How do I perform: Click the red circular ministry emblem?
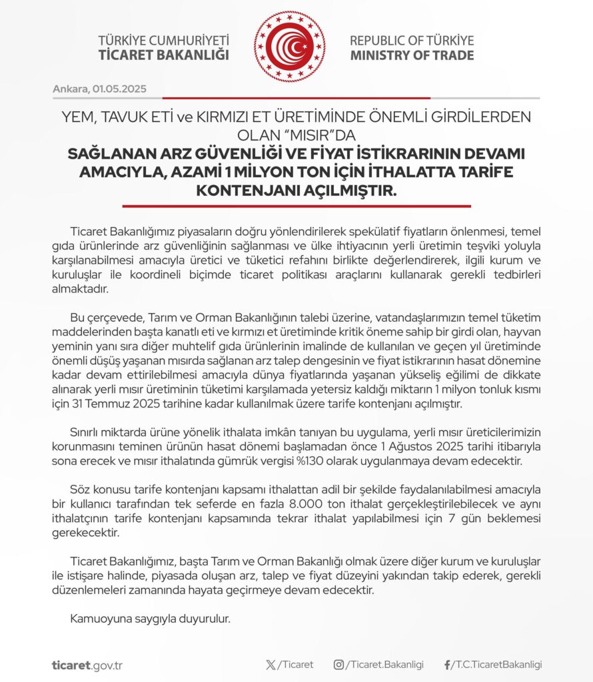[x=290, y=47]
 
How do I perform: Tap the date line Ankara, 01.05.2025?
[x=99, y=89]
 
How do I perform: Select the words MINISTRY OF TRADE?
[x=412, y=55]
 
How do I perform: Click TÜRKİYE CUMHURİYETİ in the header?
[x=163, y=40]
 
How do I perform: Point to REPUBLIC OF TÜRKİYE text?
[x=412, y=40]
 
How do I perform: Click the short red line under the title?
[x=296, y=206]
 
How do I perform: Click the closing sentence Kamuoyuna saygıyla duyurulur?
[x=150, y=619]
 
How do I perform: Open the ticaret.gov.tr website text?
[x=87, y=665]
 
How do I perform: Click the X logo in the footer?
[x=270, y=665]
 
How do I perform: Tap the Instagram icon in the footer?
[x=339, y=665]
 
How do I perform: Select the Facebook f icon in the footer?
[x=447, y=665]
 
